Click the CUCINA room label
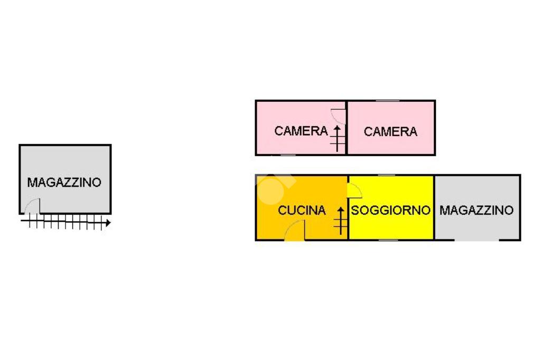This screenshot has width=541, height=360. [302, 210]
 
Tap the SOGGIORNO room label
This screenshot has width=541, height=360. [390, 210]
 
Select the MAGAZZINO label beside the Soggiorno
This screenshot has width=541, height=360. [476, 210]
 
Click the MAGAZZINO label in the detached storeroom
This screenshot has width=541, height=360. [64, 183]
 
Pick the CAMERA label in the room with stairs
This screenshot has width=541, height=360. [301, 131]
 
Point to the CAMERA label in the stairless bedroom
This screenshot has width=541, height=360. [390, 131]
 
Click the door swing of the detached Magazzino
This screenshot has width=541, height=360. [32, 206]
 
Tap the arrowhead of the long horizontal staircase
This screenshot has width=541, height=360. [108, 223]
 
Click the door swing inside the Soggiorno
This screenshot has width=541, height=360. [355, 190]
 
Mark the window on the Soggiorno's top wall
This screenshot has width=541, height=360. [387, 175]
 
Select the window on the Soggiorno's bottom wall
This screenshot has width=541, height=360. [388, 240]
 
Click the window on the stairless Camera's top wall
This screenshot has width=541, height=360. [387, 101]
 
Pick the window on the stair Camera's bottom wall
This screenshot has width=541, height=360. [288, 155]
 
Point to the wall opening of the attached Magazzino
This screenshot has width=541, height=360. [476, 240]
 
